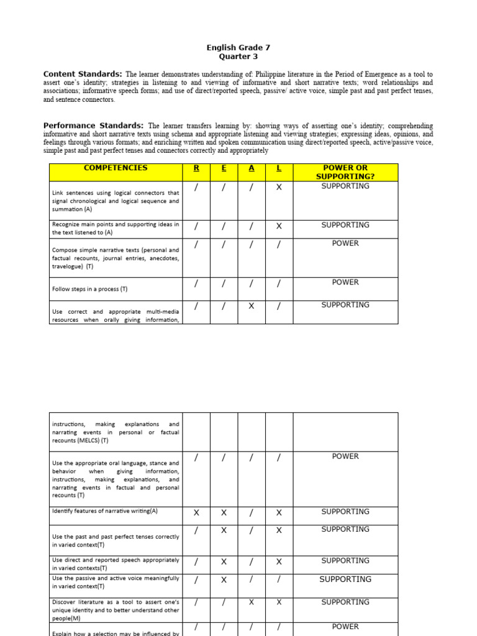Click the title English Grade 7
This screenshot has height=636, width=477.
238,47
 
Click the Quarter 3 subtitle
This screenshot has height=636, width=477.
238,57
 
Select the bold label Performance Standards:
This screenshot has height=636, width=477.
93,125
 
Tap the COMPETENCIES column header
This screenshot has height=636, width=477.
116,168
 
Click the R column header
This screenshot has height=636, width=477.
196,168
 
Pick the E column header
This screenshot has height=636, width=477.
224,168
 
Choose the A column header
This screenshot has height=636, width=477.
251,168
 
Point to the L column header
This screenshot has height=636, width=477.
279,168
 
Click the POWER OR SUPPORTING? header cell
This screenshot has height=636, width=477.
345,172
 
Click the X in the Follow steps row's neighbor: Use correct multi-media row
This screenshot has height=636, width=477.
251,306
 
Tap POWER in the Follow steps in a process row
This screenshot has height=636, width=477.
345,282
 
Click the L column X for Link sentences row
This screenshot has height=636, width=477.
279,187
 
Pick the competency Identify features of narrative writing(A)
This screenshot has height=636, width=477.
105,511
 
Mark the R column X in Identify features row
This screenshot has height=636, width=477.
196,513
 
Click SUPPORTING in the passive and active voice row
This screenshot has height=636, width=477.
345,579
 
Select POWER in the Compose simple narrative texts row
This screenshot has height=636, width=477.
345,243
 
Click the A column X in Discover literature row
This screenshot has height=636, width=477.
251,602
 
